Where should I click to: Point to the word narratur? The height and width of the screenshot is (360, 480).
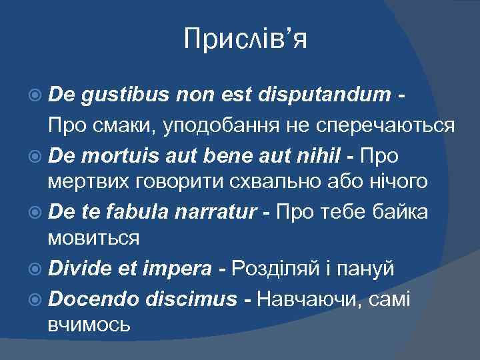click(219, 213)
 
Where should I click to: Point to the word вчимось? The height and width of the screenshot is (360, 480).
click(89, 325)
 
